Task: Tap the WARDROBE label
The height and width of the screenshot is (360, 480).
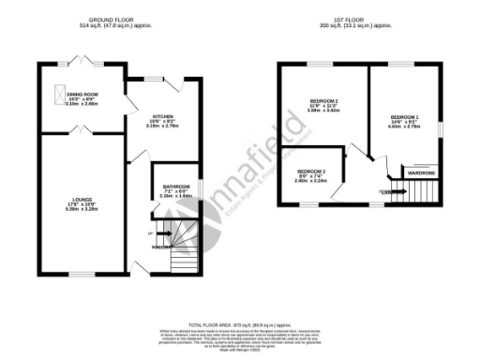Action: (421, 172)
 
